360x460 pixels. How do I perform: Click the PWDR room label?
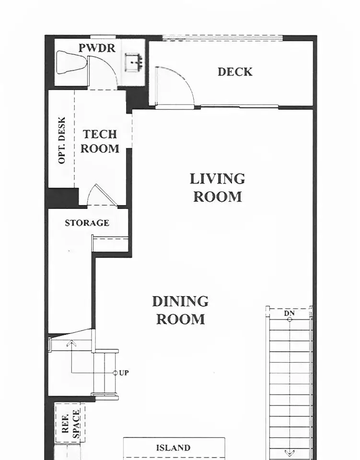tap(97, 48)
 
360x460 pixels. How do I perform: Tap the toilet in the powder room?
tap(71, 63)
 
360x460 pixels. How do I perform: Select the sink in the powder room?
tap(134, 62)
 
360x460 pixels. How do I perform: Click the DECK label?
tap(235, 72)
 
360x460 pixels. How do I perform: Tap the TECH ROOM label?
tap(100, 141)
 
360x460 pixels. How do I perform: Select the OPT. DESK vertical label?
tap(62, 140)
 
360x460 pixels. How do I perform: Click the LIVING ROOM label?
tap(218, 188)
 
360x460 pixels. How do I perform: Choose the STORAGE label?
tap(87, 223)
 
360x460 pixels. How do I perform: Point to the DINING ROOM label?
tap(180, 310)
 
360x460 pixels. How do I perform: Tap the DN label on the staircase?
tap(289, 313)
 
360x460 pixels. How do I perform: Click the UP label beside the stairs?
tap(124, 373)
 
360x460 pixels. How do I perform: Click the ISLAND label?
tap(173, 448)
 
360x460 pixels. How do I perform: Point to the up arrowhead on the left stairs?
tap(71, 343)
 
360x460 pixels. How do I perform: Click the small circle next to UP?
tap(115, 373)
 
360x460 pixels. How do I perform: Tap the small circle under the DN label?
tap(290, 320)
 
